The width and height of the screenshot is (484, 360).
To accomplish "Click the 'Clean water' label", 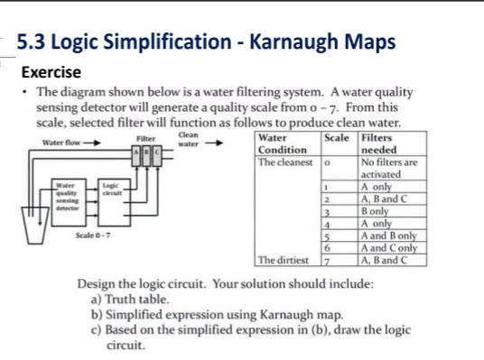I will coord(188,139).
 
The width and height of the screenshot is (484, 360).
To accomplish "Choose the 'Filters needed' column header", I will coord(378,144).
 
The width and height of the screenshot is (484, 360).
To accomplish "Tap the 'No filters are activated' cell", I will coord(388,169).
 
